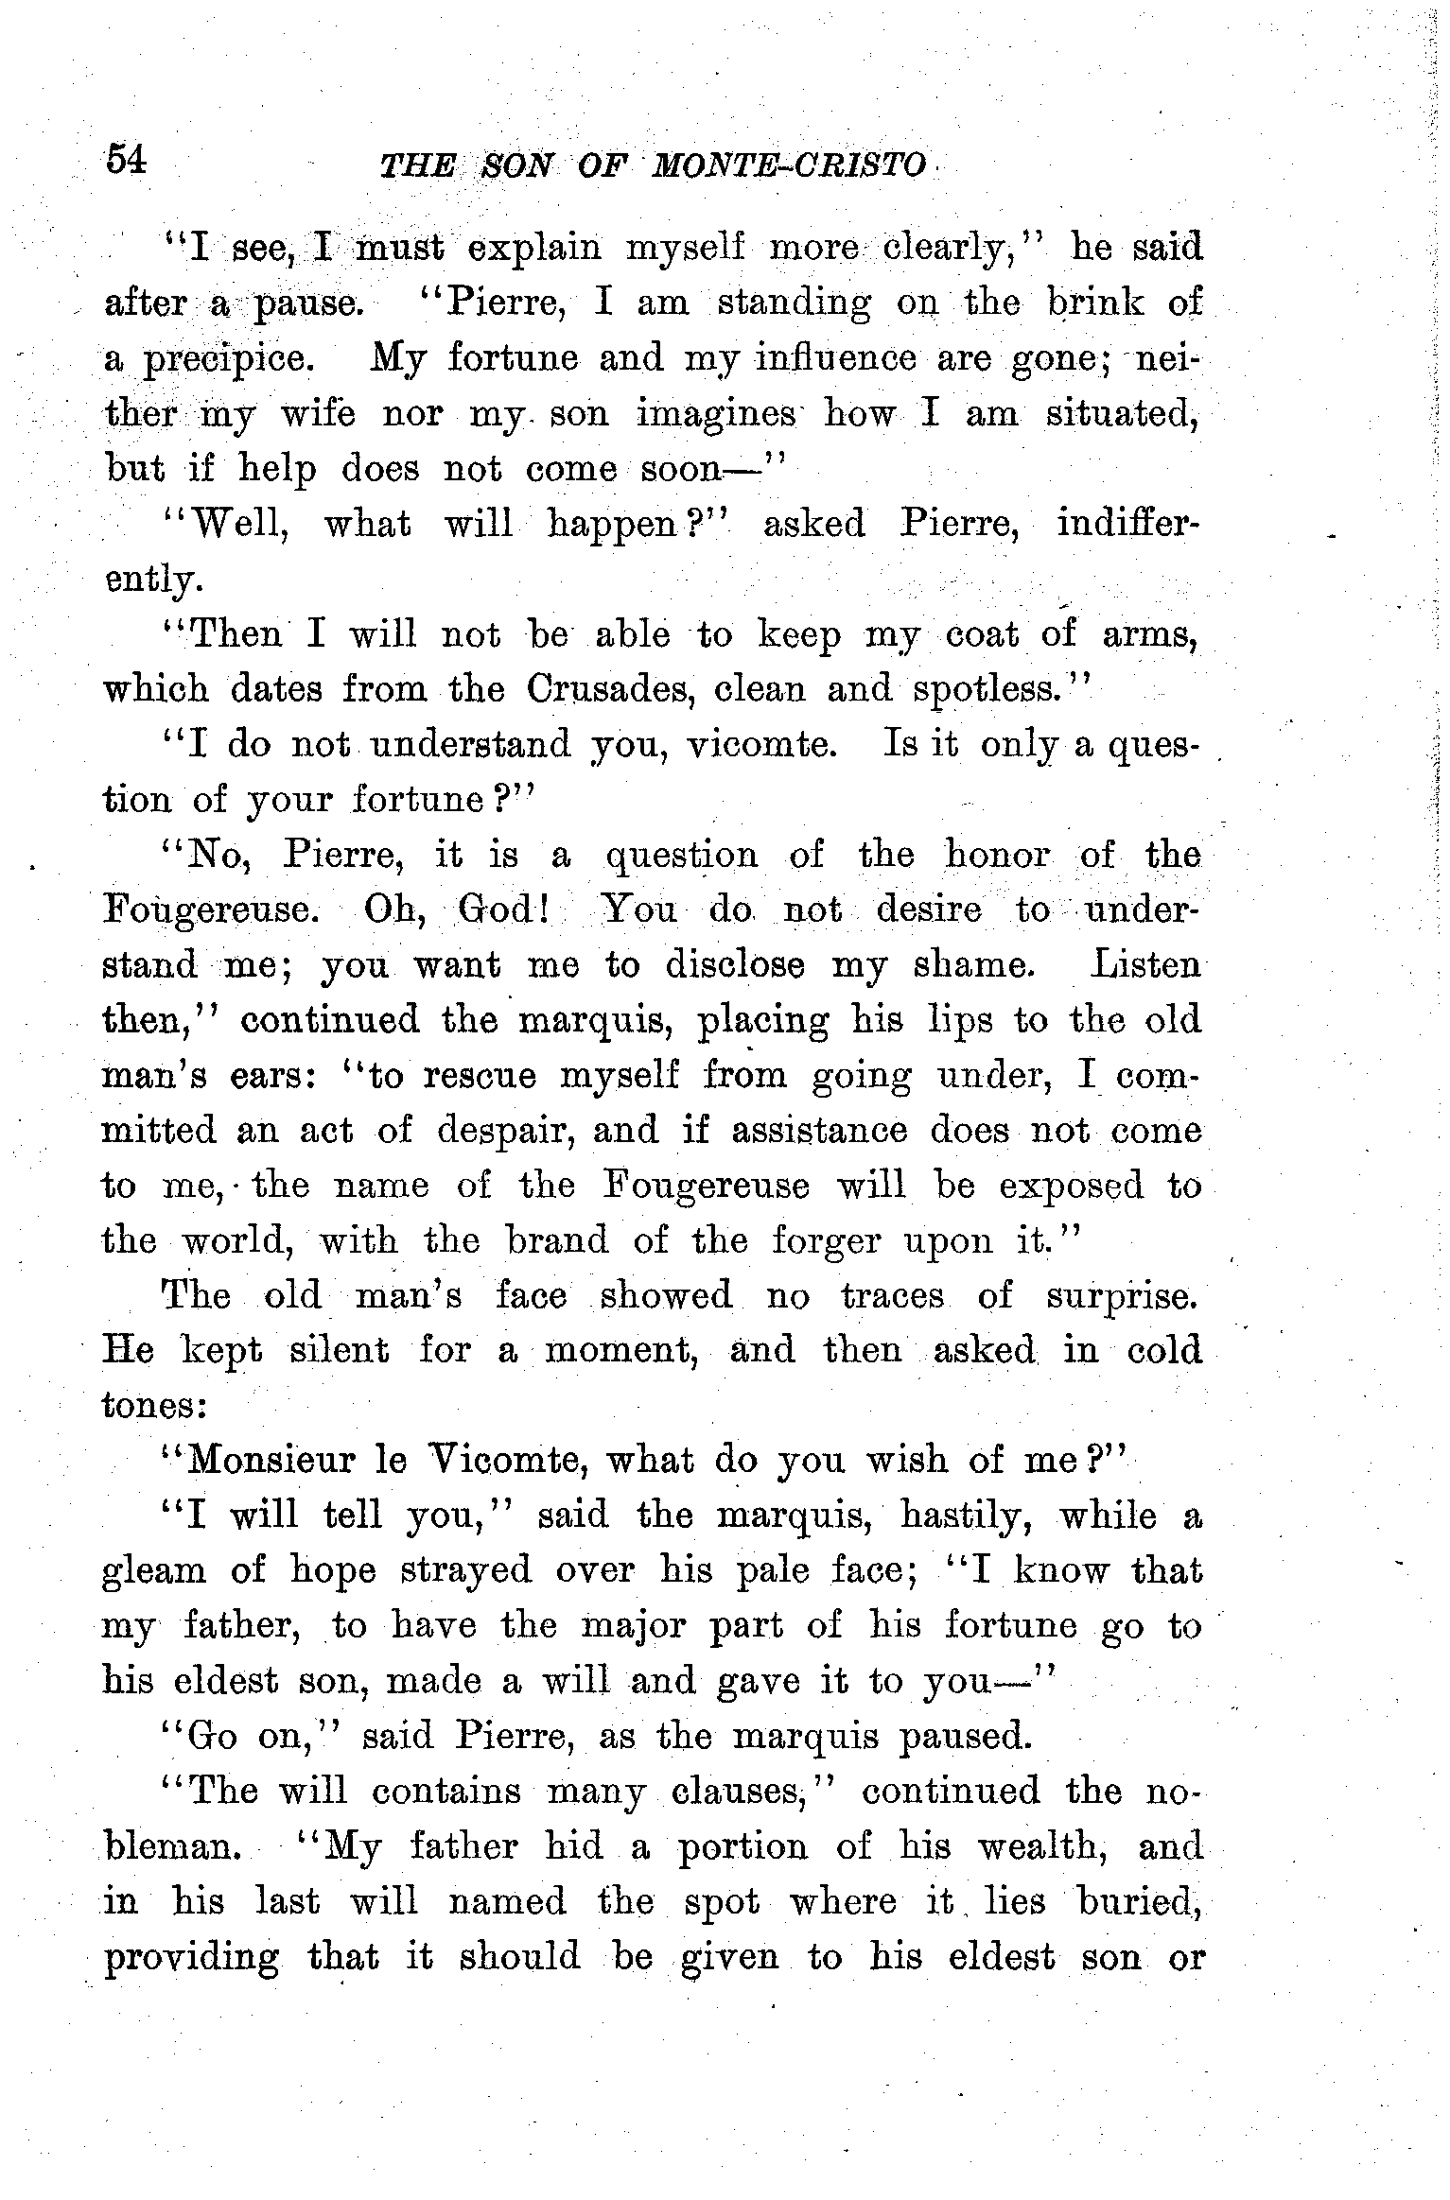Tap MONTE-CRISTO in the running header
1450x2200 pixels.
coord(790,166)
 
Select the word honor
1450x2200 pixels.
coord(997,855)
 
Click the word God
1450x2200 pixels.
coord(497,909)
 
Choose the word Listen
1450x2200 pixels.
coord(1146,964)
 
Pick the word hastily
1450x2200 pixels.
coord(963,1517)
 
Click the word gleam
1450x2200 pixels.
coord(153,1572)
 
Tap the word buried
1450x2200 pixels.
coord(1141,1901)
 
